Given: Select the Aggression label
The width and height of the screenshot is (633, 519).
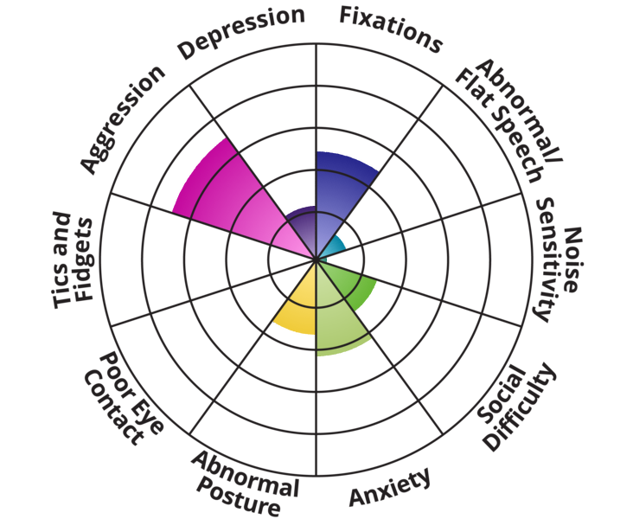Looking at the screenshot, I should point(122,118).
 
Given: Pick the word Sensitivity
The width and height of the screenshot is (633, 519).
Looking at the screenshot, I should point(548,259).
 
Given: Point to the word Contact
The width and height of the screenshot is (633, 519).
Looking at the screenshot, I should point(112,406).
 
